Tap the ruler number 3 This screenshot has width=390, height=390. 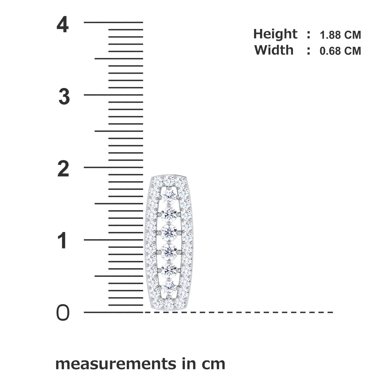click(x=64, y=97)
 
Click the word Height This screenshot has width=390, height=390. click(x=275, y=34)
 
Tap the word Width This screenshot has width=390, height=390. click(x=274, y=50)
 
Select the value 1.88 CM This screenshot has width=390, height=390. click(x=340, y=35)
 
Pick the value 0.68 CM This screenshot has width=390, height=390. click(x=340, y=51)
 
